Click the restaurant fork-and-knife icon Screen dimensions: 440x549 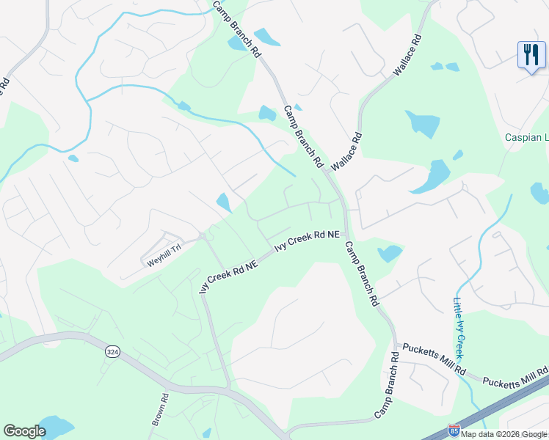pos(531,54)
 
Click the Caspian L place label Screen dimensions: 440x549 pos(526,137)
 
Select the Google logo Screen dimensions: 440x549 pos(24,431)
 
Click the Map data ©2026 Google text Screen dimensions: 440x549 pos(504,434)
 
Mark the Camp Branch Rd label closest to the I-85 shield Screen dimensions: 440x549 pos(386,386)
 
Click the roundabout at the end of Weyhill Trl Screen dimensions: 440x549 pos(201,236)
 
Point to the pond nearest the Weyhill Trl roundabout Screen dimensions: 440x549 pos(224,202)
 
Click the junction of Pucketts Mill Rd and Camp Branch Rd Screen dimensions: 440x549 pos(395,344)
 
